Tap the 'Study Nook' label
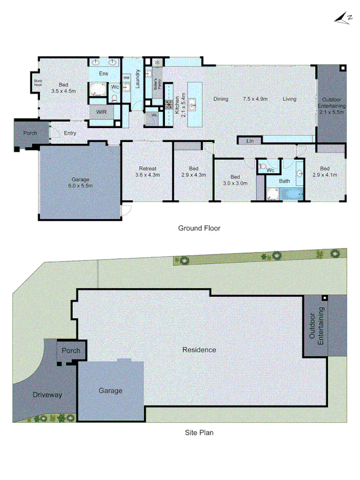[38, 83]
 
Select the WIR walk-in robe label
[101, 113]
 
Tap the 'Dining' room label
[221, 99]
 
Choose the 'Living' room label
[290, 99]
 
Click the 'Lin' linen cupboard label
[250, 141]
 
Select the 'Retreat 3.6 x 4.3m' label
[148, 171]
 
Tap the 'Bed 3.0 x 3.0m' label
[235, 180]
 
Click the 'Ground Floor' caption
[199, 228]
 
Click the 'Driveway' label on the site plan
[47, 395]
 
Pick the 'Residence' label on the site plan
[199, 350]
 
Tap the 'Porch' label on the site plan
[71, 350]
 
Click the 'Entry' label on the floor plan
[70, 133]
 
